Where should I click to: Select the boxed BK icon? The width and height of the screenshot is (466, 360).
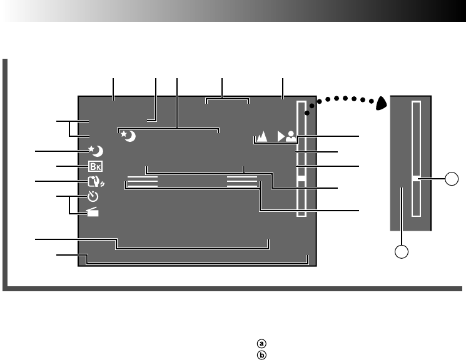pyautogui.click(x=95, y=167)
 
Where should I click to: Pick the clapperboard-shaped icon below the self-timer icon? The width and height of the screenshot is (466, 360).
pyautogui.click(x=94, y=212)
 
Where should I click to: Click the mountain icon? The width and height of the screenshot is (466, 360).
pyautogui.click(x=262, y=136)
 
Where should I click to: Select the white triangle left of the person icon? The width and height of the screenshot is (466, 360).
pyautogui.click(x=281, y=136)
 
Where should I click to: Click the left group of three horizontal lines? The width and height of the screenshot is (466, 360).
pyautogui.click(x=142, y=181)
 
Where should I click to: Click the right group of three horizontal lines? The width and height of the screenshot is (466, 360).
pyautogui.click(x=242, y=181)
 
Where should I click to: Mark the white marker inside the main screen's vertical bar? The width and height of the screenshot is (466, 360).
pyautogui.click(x=301, y=179)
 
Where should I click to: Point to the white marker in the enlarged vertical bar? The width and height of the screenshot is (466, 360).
pyautogui.click(x=416, y=181)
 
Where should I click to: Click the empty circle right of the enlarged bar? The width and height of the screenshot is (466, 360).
pyautogui.click(x=451, y=181)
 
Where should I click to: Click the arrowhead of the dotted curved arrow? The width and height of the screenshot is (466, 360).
pyautogui.click(x=380, y=104)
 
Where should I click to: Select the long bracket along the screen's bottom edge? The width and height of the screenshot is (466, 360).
pyautogui.click(x=198, y=261)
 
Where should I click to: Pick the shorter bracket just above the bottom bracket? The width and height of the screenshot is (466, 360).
pyautogui.click(x=193, y=244)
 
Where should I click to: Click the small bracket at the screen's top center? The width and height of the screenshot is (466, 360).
pyautogui.click(x=228, y=100)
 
